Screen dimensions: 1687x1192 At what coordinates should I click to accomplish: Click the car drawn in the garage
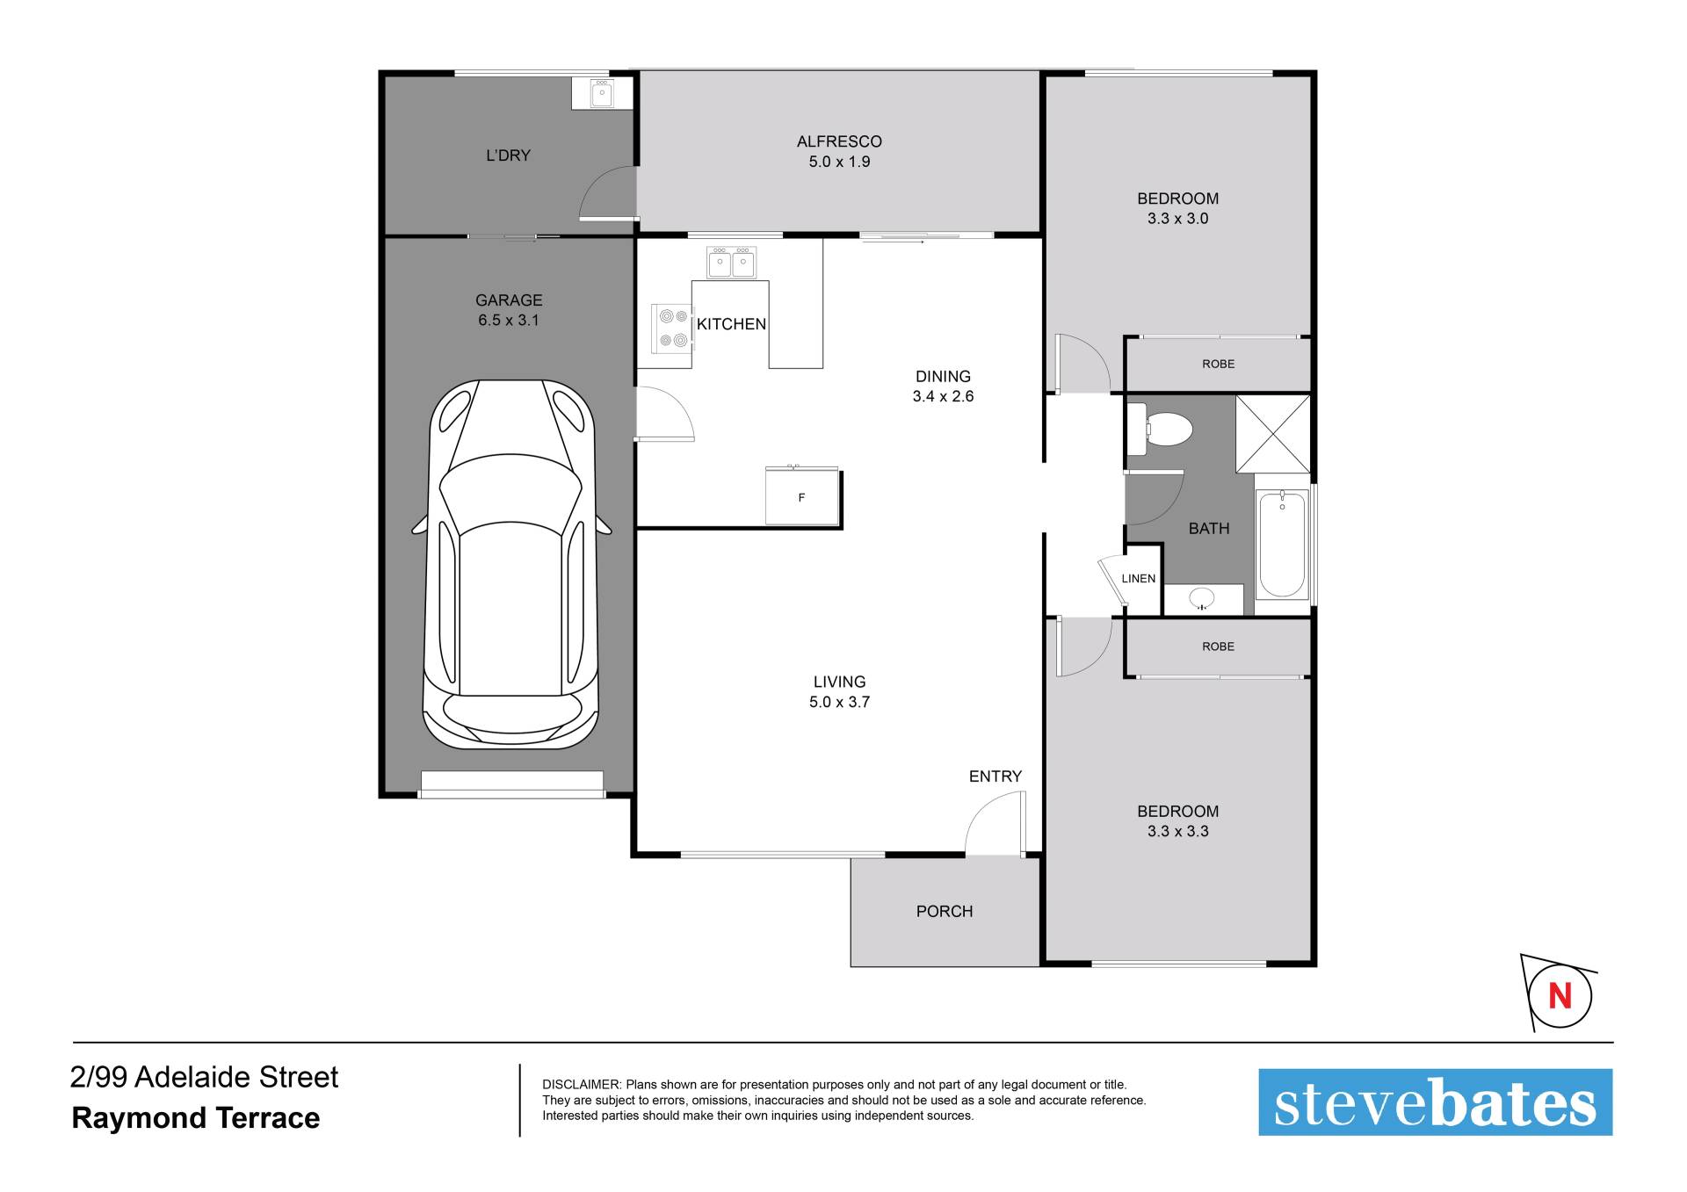click(511, 564)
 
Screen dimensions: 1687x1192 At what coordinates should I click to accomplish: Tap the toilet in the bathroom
click(1159, 430)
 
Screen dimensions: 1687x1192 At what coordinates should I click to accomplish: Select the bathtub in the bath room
click(1282, 545)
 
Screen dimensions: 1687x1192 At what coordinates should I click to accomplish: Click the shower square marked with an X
click(1272, 434)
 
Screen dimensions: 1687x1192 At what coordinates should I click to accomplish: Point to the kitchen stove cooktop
click(672, 327)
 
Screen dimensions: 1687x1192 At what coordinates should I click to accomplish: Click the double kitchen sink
click(731, 263)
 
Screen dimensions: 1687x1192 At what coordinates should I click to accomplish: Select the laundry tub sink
click(602, 93)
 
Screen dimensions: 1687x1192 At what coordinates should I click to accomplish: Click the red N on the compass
click(1560, 996)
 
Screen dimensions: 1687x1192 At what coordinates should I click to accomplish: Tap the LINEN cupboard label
click(1139, 578)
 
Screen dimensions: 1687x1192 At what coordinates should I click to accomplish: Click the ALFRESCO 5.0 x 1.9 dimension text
click(839, 162)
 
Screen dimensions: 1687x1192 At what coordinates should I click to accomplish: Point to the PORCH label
click(945, 911)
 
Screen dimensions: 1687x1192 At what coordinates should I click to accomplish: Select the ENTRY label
click(996, 777)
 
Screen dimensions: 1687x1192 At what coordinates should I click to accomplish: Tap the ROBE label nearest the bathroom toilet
click(1219, 364)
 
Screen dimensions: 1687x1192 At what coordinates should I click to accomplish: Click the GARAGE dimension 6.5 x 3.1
click(509, 321)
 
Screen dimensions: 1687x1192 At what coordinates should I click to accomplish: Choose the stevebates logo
click(1435, 1102)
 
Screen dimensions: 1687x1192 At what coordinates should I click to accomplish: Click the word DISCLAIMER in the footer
click(582, 1085)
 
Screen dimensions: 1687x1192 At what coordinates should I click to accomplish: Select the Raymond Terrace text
click(196, 1118)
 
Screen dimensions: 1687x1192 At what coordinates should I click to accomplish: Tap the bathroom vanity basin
click(1202, 599)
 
